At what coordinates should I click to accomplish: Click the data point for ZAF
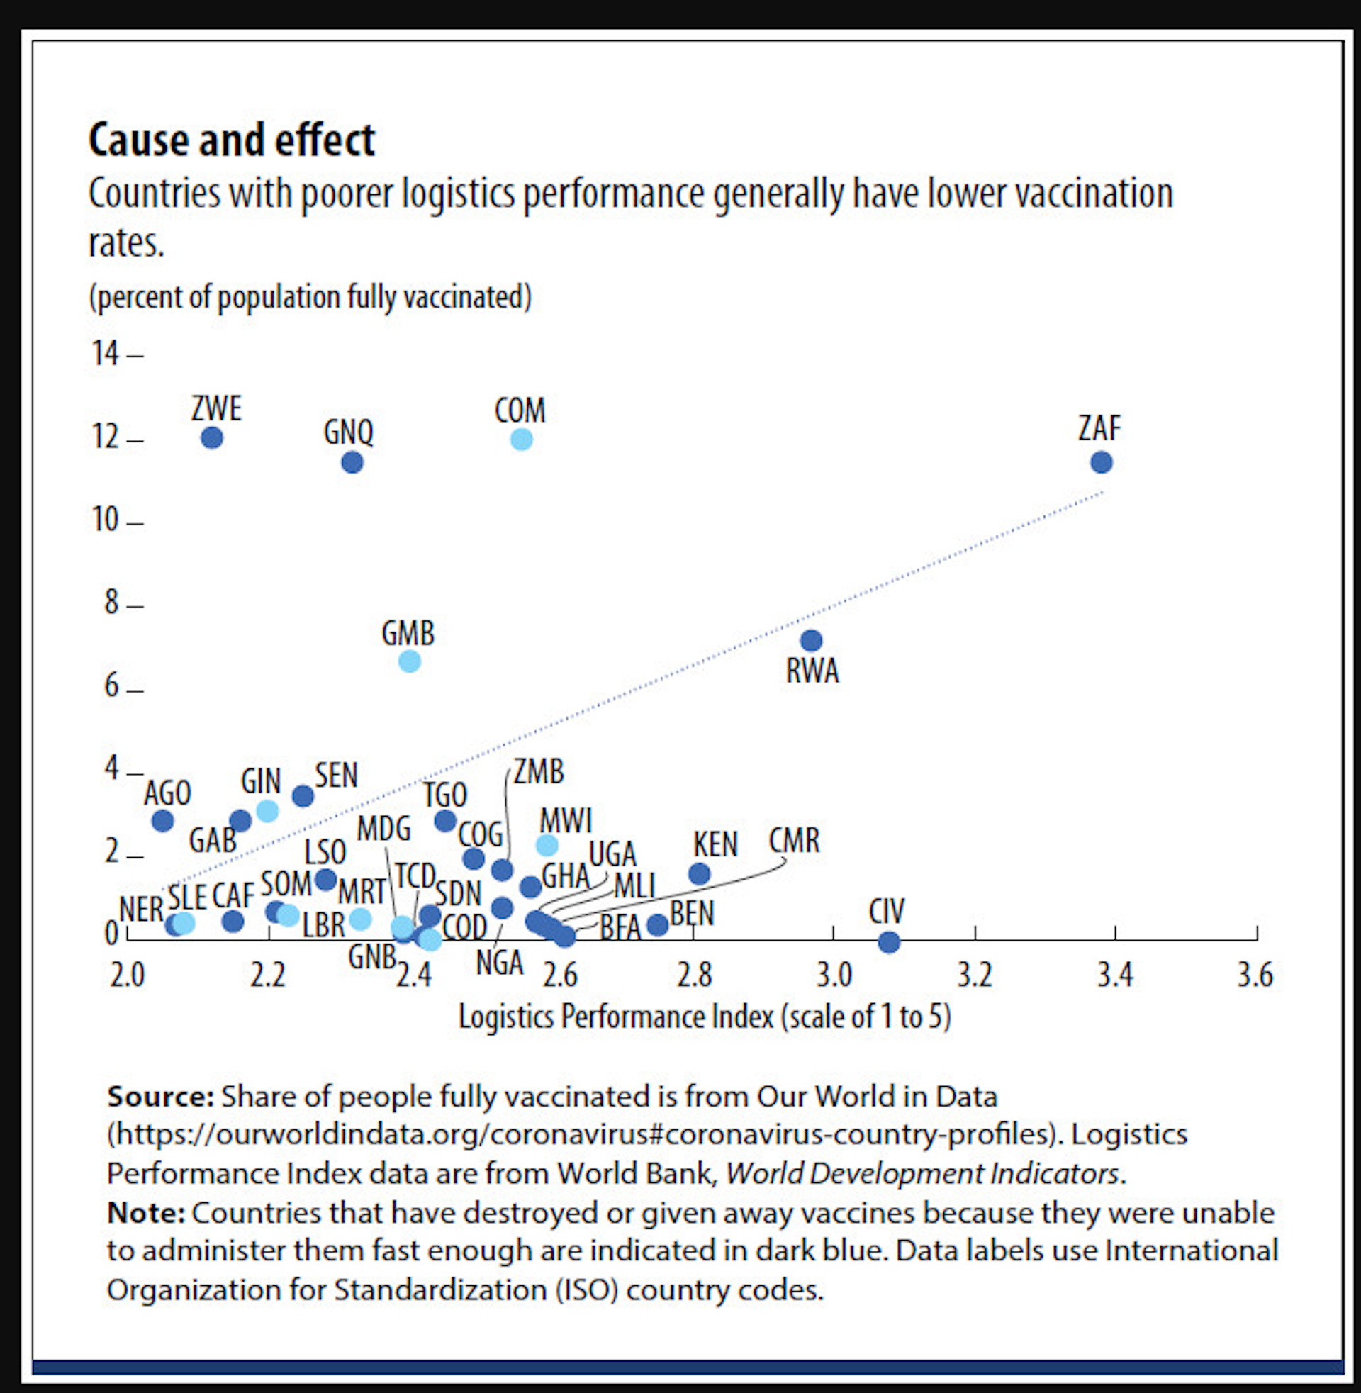click(x=1101, y=462)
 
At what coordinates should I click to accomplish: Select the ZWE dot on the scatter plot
click(x=211, y=437)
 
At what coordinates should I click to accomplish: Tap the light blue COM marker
click(x=522, y=439)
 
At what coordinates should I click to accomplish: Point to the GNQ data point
click(x=352, y=462)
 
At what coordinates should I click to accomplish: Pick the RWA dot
click(x=811, y=640)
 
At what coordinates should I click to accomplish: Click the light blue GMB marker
click(x=410, y=661)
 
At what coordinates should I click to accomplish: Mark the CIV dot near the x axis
click(x=888, y=942)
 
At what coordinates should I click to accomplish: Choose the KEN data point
click(x=699, y=873)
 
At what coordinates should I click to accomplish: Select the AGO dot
click(x=163, y=820)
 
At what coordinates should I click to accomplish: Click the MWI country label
click(x=566, y=820)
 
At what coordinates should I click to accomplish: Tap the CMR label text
click(x=794, y=841)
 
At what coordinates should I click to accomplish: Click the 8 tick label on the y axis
click(x=111, y=603)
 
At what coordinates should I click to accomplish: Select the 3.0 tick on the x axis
click(x=834, y=975)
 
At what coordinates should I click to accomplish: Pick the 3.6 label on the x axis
click(x=1255, y=975)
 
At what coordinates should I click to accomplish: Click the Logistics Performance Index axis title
click(x=704, y=1017)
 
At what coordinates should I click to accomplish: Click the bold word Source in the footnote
click(x=160, y=1097)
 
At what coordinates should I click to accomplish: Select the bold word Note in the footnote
click(x=146, y=1212)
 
